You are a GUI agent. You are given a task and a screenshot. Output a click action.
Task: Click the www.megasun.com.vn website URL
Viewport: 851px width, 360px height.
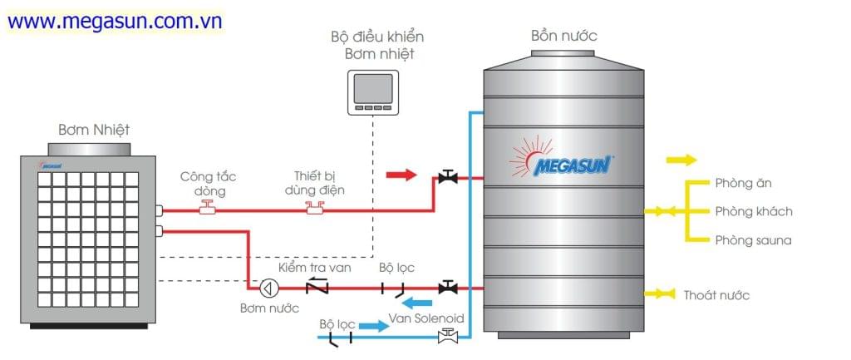click(116, 22)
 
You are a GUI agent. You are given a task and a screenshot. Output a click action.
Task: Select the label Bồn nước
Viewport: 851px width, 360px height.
click(563, 36)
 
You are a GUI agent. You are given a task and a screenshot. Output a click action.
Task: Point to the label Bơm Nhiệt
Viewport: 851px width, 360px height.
click(94, 130)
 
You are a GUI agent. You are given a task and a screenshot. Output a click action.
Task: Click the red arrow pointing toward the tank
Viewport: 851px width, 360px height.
click(401, 175)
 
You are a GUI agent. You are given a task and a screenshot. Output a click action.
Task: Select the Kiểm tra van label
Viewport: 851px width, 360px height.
click(314, 268)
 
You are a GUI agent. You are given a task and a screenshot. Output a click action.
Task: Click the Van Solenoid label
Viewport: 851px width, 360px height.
click(425, 318)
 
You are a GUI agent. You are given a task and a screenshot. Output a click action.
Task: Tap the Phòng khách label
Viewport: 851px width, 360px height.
click(753, 211)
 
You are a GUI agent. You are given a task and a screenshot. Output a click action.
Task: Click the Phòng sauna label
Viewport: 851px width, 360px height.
click(753, 240)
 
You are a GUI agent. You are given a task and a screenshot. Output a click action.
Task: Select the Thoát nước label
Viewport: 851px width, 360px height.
click(716, 295)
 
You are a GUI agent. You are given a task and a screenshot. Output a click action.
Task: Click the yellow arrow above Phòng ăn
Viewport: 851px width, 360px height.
click(681, 160)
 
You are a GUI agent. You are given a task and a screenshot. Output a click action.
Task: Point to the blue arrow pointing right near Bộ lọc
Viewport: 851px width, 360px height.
click(373, 327)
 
